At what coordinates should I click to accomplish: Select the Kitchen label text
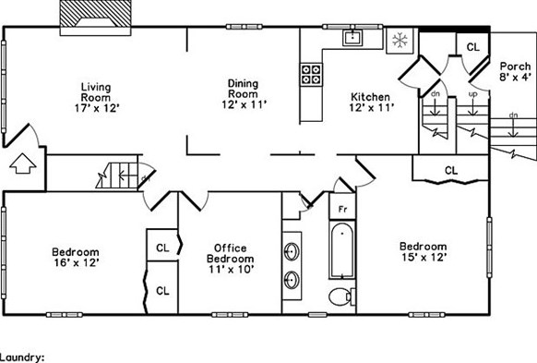click(x=369, y=103)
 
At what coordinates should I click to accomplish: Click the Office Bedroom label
click(x=229, y=253)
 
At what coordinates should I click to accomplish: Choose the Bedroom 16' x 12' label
click(x=75, y=257)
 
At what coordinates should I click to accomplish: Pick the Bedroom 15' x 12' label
click(x=423, y=251)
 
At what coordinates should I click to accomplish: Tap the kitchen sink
click(x=352, y=38)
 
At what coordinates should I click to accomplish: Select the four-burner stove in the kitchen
click(x=312, y=73)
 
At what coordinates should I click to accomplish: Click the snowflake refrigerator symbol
click(x=400, y=40)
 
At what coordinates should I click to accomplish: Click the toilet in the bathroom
click(x=340, y=296)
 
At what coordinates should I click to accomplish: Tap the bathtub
click(x=342, y=250)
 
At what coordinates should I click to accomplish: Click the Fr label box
click(x=341, y=210)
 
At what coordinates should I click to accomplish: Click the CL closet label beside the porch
click(x=471, y=47)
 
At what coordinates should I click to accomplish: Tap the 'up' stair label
click(x=472, y=94)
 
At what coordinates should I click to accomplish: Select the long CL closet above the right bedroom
click(x=451, y=170)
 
